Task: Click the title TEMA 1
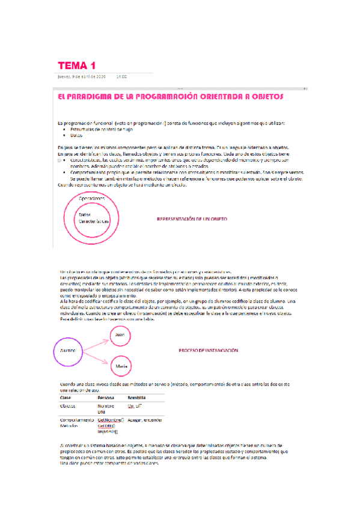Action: point(76,65)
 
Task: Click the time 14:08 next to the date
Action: point(121,76)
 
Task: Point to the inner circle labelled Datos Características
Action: point(92,218)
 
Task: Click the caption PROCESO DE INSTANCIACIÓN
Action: point(209,350)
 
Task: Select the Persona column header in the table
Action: point(106,398)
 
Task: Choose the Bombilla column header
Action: point(138,398)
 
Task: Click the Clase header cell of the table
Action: point(67,398)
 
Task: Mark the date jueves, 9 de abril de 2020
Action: point(82,76)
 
